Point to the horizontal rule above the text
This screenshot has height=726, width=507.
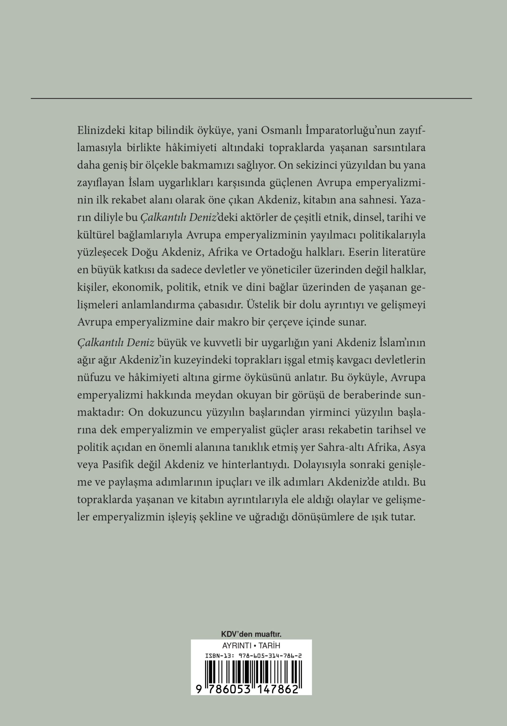click(x=251, y=99)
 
